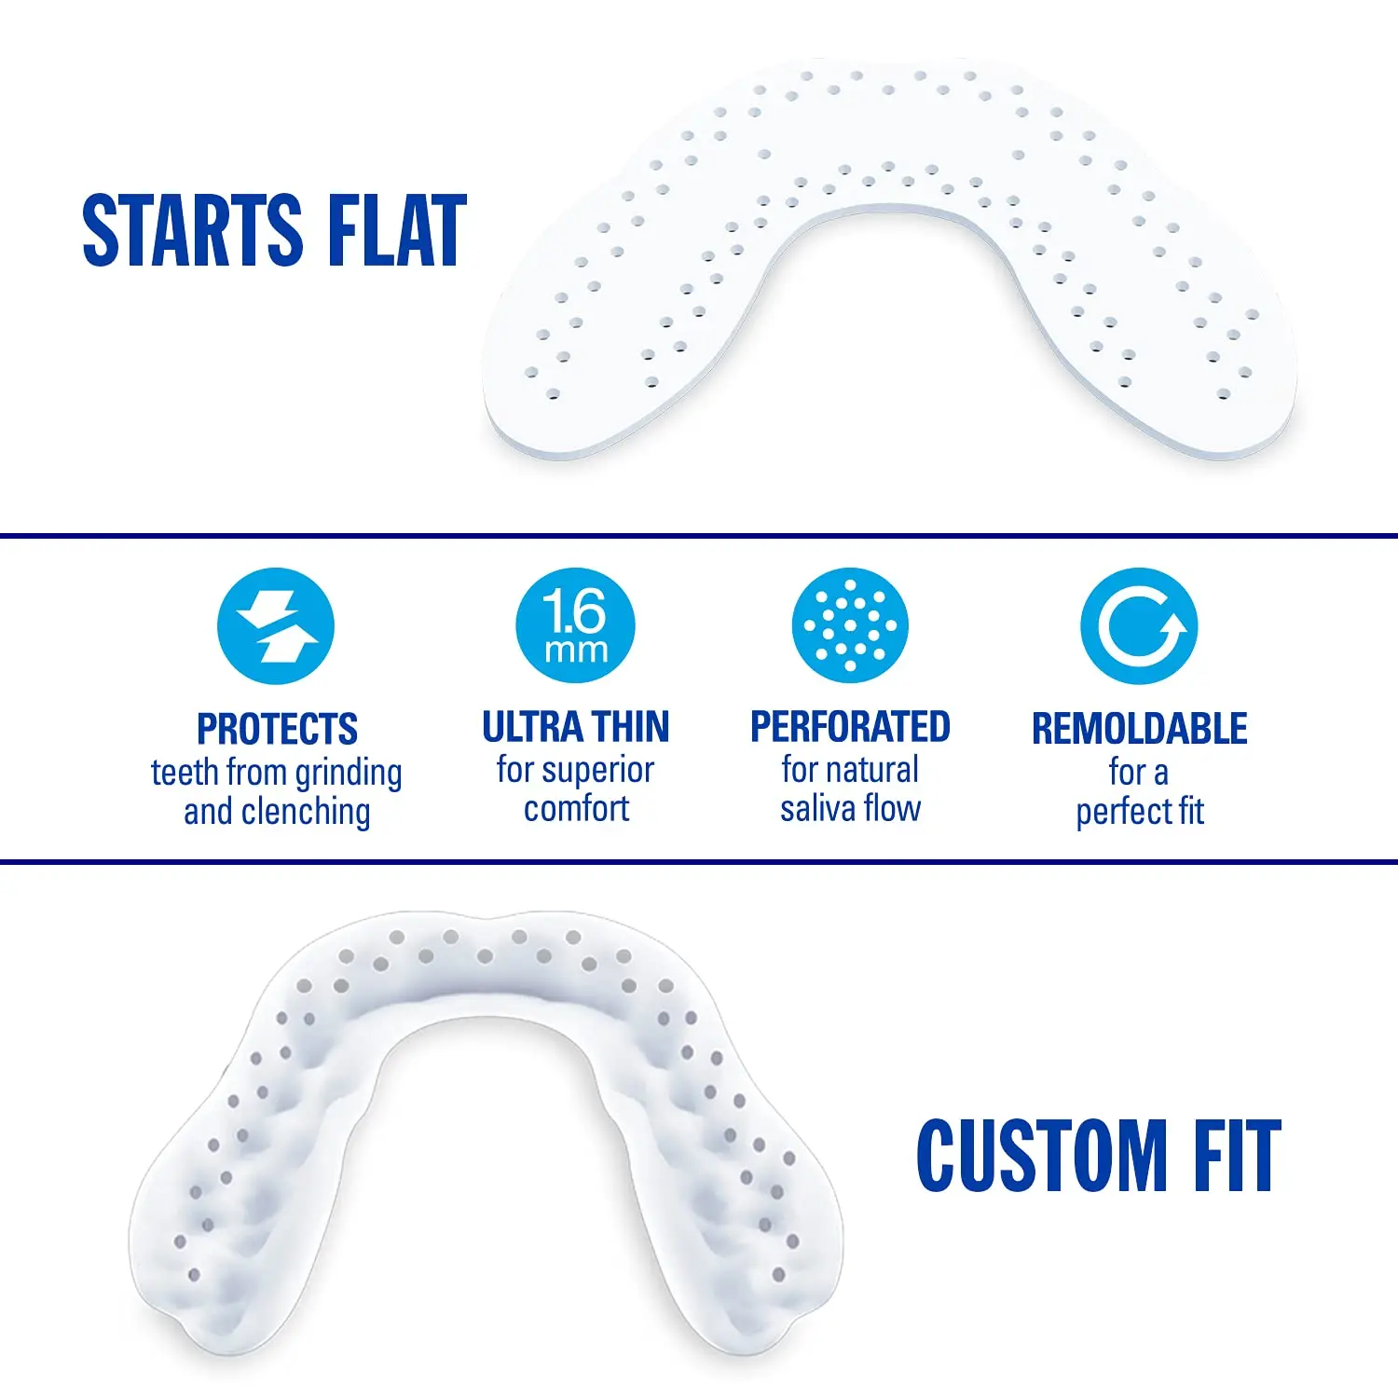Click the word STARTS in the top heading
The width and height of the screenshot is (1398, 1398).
pyautogui.click(x=192, y=230)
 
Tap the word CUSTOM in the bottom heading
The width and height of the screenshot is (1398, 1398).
pyautogui.click(x=1042, y=1156)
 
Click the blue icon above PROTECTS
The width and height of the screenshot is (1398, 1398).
pyautogui.click(x=276, y=626)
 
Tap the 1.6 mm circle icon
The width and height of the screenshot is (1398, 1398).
pyautogui.click(x=576, y=626)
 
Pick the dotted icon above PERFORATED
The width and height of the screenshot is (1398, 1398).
pyautogui.click(x=850, y=626)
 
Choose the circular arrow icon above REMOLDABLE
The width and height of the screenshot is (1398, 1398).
pyautogui.click(x=1140, y=626)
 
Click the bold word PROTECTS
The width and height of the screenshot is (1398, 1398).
pyautogui.click(x=277, y=729)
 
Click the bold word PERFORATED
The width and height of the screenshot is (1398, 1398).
pyautogui.click(x=850, y=727)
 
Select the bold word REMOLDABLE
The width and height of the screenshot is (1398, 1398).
pyautogui.click(x=1140, y=729)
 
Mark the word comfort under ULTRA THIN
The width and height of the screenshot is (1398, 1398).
pyautogui.click(x=576, y=809)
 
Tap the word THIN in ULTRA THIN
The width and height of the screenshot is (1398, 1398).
pyautogui.click(x=631, y=727)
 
